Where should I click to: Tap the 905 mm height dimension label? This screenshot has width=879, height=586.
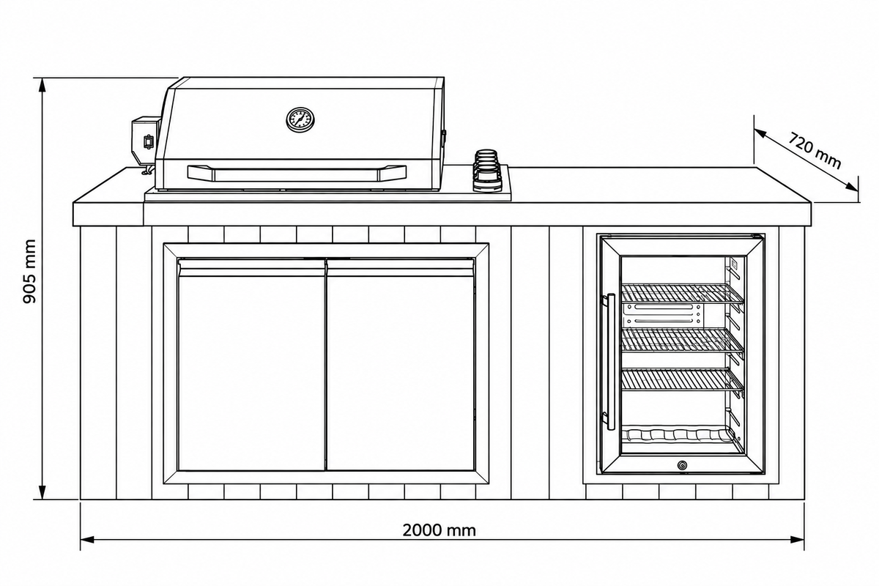29,271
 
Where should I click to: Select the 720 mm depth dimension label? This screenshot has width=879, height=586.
815,151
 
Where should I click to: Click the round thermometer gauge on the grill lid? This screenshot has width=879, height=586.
300,119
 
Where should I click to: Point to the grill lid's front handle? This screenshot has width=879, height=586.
297,173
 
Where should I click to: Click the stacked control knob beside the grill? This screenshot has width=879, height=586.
488,171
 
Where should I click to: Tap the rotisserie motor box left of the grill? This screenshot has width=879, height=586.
146,141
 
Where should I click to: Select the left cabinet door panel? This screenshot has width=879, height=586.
251,365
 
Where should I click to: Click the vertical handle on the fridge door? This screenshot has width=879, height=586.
609,362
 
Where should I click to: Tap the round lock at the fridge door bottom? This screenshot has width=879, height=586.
682,465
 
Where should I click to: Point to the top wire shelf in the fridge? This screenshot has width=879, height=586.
683,293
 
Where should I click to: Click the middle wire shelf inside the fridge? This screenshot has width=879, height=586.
683,340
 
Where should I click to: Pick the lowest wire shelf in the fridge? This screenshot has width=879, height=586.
683,379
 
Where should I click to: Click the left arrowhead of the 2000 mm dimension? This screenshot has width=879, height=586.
86,540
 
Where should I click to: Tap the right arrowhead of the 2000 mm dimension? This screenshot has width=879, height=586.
798,540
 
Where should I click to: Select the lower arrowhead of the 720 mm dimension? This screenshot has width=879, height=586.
851,188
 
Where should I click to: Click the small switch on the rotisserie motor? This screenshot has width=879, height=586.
148,141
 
